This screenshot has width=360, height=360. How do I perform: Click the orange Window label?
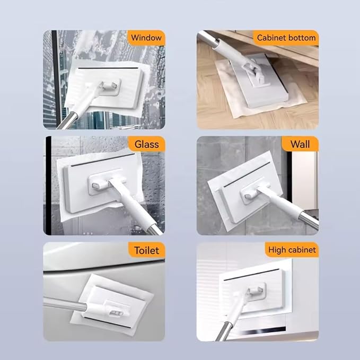point(146,38)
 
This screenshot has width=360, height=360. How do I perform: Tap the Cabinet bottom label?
point(286,38)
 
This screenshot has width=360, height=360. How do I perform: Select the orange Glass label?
point(146,144)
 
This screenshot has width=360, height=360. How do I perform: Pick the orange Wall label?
point(300,144)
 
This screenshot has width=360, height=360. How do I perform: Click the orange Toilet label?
point(146,250)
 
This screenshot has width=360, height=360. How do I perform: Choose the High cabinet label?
point(292,250)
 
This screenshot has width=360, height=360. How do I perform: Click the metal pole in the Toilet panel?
point(65,304)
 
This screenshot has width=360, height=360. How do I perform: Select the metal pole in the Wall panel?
point(309,220)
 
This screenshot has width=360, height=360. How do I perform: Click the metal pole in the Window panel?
point(68,120)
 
